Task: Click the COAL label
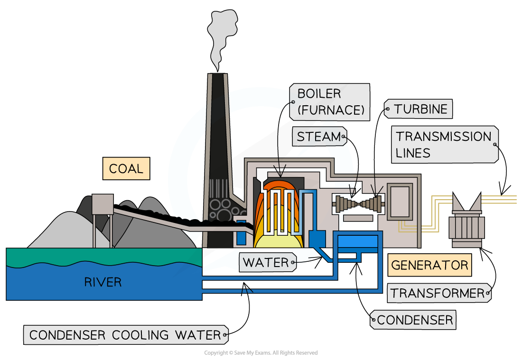pos(126,169)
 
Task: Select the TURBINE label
pos(420,109)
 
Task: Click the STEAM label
pos(319,137)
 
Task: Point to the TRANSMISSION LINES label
pos(444,145)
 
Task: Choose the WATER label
pos(265,262)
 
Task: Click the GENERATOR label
pos(430,265)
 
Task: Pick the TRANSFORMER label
pos(437,293)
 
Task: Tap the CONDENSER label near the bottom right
pos(415,320)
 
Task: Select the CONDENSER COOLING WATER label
pos(125,335)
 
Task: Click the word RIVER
pos(103,283)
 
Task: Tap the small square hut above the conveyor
pos(102,204)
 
